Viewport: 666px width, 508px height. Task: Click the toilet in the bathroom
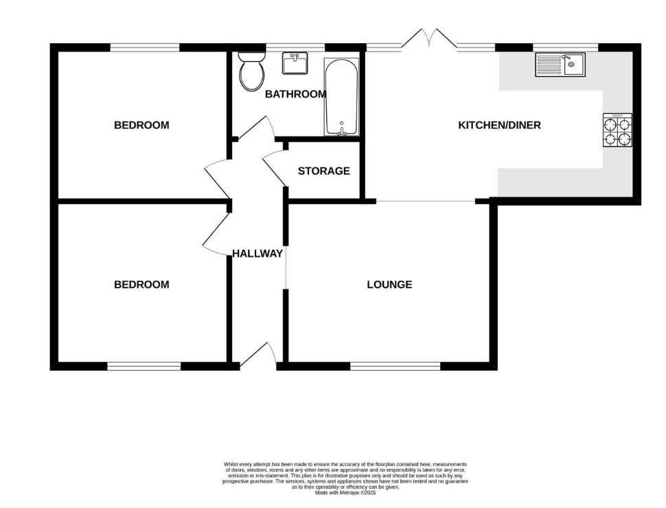click(251, 71)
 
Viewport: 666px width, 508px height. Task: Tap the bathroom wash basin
click(295, 63)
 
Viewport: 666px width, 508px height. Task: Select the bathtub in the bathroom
click(341, 97)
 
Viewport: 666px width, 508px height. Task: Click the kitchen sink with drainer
click(560, 65)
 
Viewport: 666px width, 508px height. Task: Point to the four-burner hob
click(617, 130)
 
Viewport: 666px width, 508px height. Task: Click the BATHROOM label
click(296, 94)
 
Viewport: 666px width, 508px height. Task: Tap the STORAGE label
click(323, 171)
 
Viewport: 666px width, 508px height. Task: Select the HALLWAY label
click(257, 253)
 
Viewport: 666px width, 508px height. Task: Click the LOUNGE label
click(389, 285)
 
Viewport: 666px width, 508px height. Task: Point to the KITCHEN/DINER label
click(500, 126)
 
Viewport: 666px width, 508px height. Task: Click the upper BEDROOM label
click(141, 126)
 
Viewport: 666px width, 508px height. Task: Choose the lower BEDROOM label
click(141, 285)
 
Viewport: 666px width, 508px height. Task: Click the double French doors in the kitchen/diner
click(429, 37)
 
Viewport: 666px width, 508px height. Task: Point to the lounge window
click(395, 366)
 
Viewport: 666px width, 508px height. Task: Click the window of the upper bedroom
click(145, 47)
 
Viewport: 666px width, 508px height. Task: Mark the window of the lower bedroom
click(144, 366)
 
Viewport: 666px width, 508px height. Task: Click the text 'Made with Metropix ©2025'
click(345, 493)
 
